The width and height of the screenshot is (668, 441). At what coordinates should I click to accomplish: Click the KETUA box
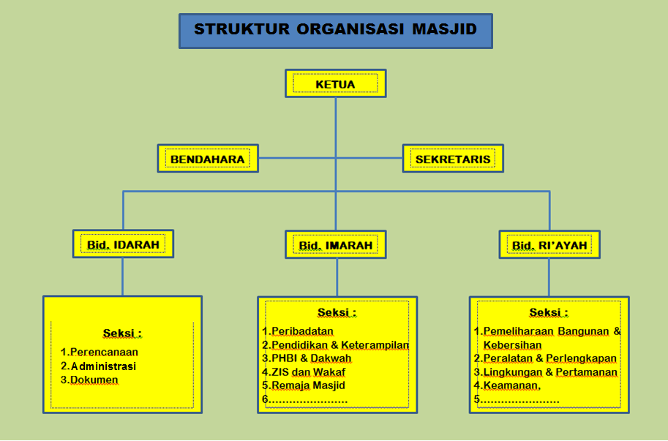[x=335, y=84]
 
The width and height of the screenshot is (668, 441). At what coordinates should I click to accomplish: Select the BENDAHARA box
[x=208, y=159]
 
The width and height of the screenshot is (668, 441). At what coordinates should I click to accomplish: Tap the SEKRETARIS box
[x=453, y=159]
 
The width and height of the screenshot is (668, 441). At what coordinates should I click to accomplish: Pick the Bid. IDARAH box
[x=123, y=244]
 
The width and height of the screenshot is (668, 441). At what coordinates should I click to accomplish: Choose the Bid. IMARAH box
[x=336, y=245]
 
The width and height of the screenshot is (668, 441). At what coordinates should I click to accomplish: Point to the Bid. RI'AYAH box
[x=549, y=245]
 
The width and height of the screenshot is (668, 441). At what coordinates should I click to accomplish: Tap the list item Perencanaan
[x=104, y=352]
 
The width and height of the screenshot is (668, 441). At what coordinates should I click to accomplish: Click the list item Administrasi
[x=103, y=366]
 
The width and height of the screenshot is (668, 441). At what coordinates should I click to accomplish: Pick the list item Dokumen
[x=94, y=380]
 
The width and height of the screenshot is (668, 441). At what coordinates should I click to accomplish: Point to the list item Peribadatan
[x=302, y=331]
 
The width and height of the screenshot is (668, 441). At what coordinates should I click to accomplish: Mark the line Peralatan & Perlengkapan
[x=549, y=358]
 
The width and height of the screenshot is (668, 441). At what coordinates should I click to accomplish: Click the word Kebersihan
[x=513, y=344]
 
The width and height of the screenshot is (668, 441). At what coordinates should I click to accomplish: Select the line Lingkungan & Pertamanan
[x=549, y=372]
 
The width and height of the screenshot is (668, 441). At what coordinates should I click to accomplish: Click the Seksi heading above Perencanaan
[x=121, y=333]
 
